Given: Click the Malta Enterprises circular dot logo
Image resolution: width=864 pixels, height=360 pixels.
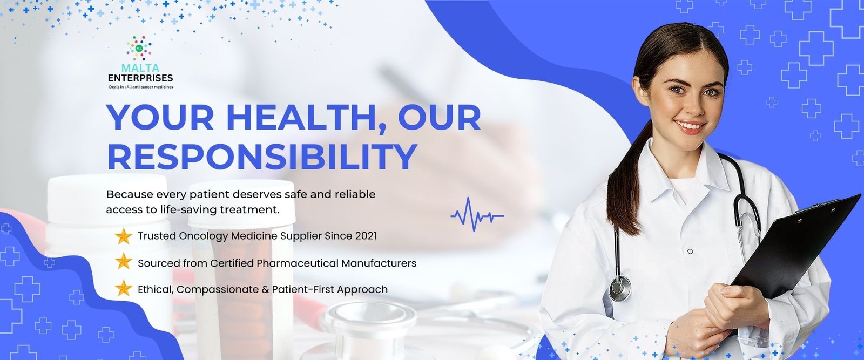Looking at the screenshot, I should (139, 47).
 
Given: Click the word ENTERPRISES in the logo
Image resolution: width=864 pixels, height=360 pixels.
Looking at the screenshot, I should (140, 78).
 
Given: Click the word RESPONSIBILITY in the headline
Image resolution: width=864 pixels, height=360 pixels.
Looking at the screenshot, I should (262, 156).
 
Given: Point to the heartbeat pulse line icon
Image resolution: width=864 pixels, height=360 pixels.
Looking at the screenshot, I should (477, 215).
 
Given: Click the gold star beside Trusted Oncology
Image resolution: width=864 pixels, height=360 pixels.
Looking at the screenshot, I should (124, 236).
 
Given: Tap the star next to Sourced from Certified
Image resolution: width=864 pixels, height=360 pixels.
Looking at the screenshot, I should (124, 262).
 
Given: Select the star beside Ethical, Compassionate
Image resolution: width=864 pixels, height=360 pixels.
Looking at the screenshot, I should (124, 289).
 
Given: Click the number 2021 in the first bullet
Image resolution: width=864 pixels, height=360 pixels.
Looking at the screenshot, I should (366, 236).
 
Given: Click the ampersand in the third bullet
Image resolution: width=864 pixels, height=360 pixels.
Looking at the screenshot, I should (265, 289).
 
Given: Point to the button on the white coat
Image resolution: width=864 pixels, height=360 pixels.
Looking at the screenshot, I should (690, 252).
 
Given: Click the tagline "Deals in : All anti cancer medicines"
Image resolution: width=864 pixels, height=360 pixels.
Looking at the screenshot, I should (141, 87).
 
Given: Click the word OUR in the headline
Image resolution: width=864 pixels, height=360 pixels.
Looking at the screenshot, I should (440, 117).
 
